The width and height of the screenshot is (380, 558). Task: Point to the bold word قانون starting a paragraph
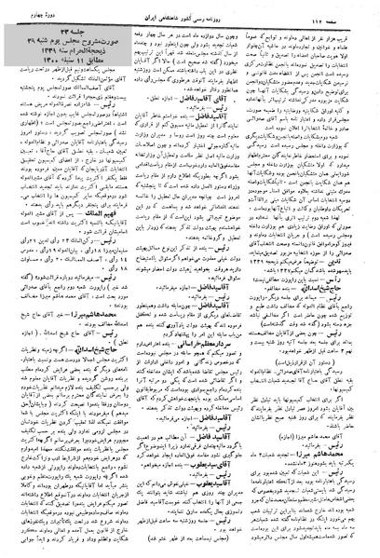click(360, 238)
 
